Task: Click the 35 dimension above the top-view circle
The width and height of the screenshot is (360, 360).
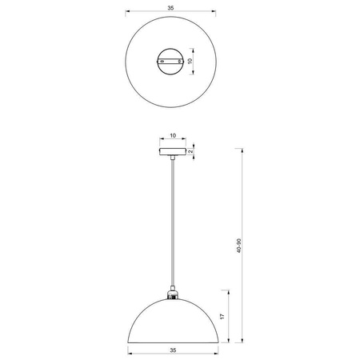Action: tap(172, 6)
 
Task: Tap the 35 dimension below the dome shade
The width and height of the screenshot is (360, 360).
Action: tap(172, 349)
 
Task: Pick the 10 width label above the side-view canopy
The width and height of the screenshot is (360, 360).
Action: tap(173, 136)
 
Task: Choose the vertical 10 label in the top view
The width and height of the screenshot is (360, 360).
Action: tap(201, 60)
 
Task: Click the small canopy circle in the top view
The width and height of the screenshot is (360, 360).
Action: tap(172, 59)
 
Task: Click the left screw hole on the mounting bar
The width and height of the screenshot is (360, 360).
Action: tap(162, 59)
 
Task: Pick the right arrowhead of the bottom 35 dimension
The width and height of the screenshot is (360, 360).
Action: tap(214, 342)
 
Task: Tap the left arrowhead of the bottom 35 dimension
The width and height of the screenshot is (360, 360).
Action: tap(130, 342)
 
